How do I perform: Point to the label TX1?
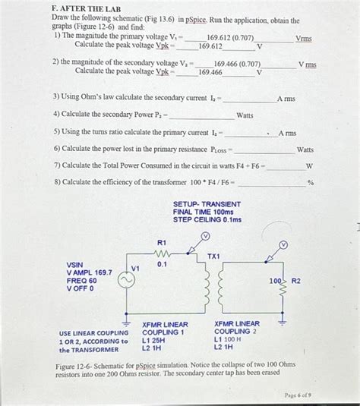[x=214, y=257]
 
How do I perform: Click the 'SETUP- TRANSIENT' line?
[x=207, y=204]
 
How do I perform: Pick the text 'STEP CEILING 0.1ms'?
[x=207, y=220]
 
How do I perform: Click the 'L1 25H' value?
[x=154, y=340]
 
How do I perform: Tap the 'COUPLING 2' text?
[x=235, y=332]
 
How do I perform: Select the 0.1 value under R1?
[x=161, y=265]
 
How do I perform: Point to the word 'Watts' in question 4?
[x=245, y=115]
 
